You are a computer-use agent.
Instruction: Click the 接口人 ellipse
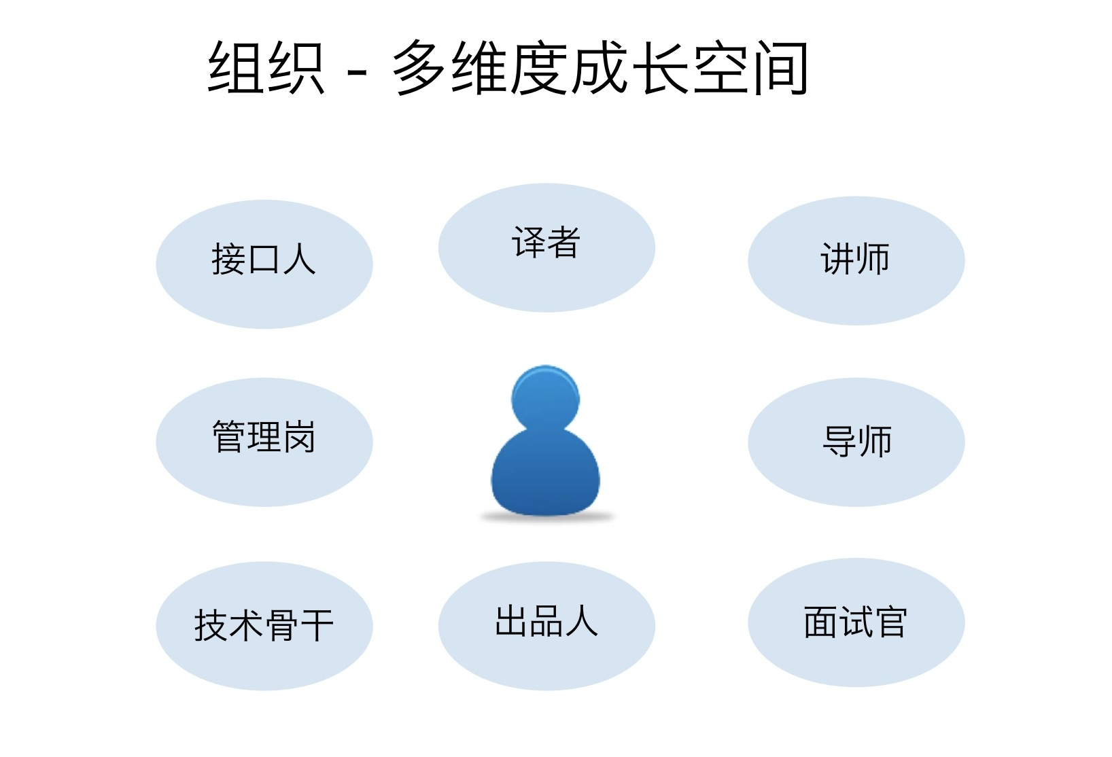tap(264, 264)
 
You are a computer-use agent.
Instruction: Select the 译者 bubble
tap(546, 247)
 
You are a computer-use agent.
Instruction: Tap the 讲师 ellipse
tap(856, 260)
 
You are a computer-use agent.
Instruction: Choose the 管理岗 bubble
tap(264, 442)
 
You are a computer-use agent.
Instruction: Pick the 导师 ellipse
tap(856, 442)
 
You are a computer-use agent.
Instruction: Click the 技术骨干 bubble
tap(264, 626)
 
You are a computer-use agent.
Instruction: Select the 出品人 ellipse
tap(546, 626)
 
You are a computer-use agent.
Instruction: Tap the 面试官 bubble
tap(856, 622)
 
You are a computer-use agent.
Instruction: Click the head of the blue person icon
tap(545, 398)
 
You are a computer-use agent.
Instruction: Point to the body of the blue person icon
tap(545, 472)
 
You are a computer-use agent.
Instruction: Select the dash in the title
tap(356, 71)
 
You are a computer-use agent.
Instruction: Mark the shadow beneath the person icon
tap(546, 518)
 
